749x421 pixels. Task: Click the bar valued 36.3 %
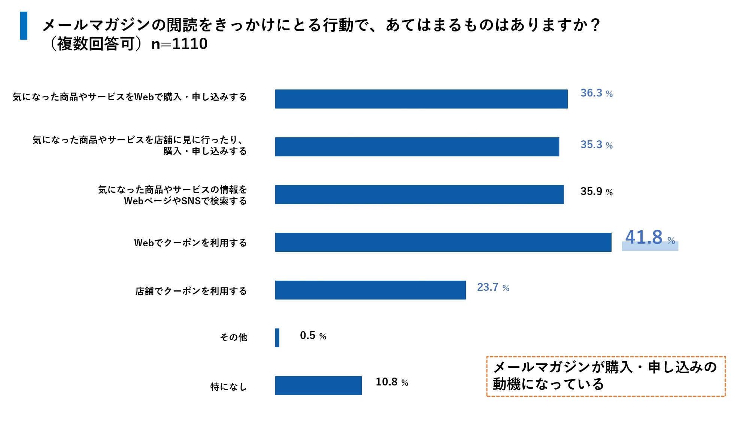[421, 99]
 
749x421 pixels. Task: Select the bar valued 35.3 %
[417, 147]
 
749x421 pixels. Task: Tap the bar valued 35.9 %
[419, 195]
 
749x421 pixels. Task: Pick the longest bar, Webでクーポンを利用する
[443, 242]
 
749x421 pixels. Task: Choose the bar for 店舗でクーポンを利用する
[370, 290]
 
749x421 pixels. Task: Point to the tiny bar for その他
[277, 338]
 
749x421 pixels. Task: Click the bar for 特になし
[318, 385]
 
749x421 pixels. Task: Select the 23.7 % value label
[493, 287]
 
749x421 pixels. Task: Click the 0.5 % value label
[313, 336]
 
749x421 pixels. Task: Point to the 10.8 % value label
[392, 382]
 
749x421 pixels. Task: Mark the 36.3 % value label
[596, 93]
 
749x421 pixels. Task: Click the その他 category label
[233, 338]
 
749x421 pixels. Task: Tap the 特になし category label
[228, 387]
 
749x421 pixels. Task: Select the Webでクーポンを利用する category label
[190, 243]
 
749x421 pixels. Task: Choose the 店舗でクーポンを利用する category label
[191, 291]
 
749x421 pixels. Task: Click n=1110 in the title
[179, 44]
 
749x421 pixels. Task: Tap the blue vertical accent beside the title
[24, 25]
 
